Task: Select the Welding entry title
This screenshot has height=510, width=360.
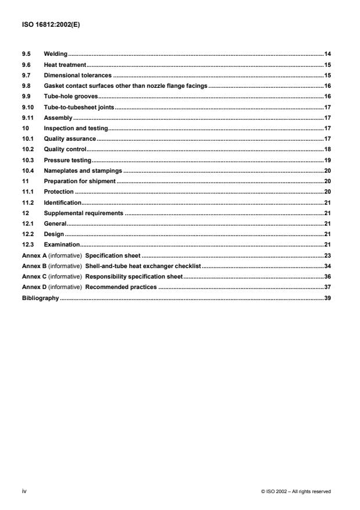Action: [56, 54]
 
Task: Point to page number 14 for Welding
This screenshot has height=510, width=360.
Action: [327, 54]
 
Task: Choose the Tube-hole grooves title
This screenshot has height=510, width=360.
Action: [71, 97]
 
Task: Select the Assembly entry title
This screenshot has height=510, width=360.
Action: [58, 118]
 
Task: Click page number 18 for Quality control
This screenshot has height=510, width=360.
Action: [327, 149]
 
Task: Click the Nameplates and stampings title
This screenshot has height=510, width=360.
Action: [83, 170]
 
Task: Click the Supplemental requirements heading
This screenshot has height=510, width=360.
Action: [84, 213]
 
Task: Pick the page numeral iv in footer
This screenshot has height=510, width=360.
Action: [24, 491]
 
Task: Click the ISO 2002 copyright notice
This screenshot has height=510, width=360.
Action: [296, 491]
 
